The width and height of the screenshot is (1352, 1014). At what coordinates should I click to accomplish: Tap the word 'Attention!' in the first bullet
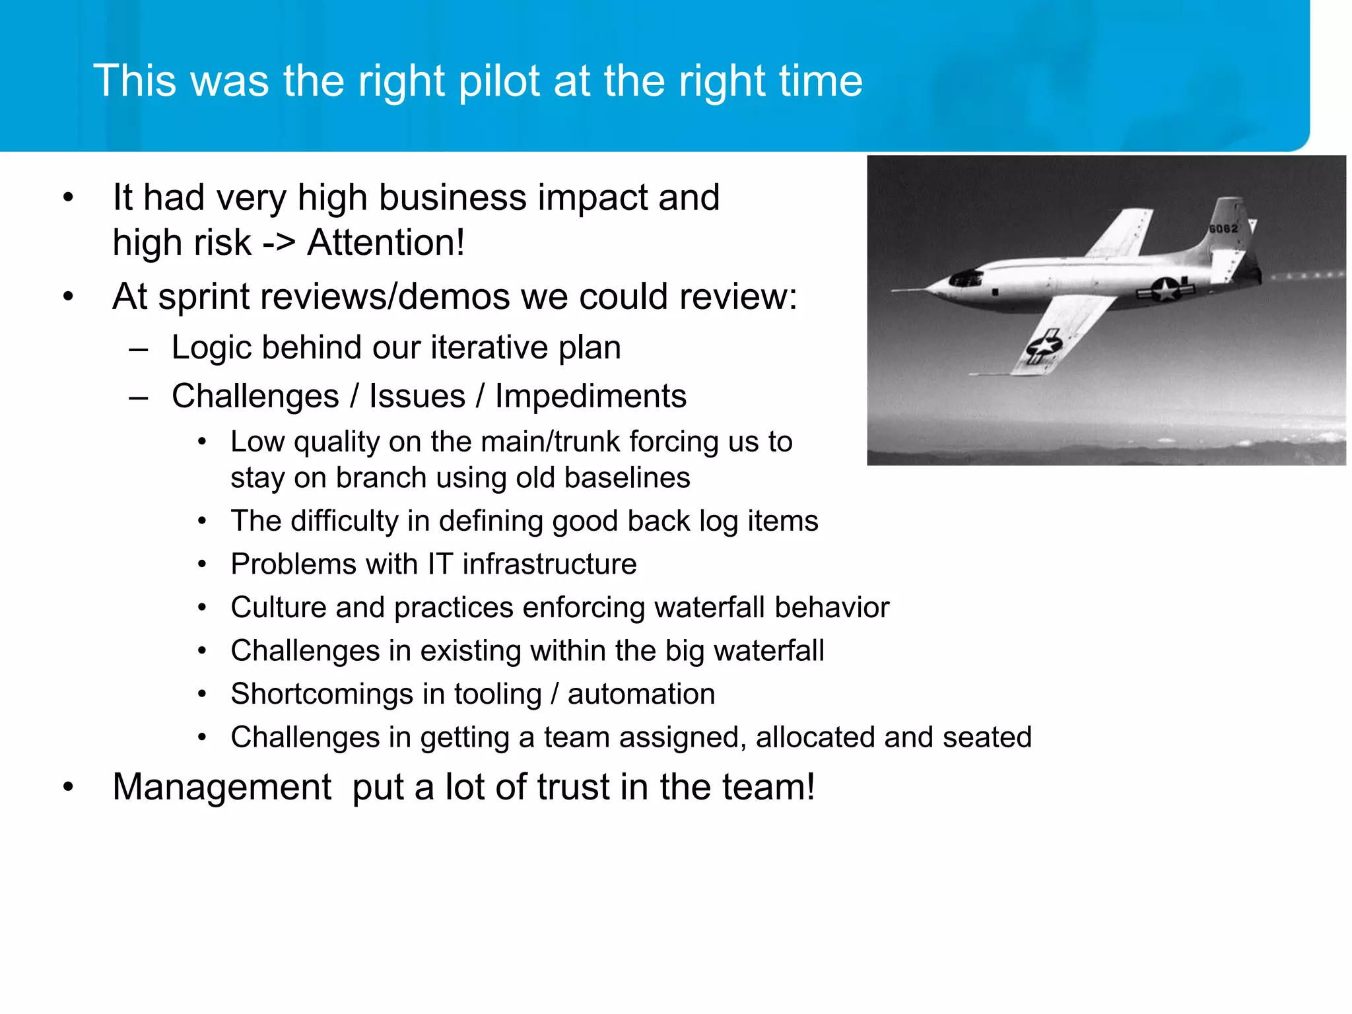(x=386, y=242)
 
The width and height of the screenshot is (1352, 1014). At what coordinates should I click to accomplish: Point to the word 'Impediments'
(x=591, y=396)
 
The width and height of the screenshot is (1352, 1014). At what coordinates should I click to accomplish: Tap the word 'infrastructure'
(x=549, y=564)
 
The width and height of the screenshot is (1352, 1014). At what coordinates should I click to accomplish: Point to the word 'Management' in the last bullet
(x=222, y=787)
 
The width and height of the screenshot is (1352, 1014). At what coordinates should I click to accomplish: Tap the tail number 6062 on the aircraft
(x=1223, y=228)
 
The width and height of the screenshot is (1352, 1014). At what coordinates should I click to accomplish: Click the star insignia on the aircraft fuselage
(x=1166, y=288)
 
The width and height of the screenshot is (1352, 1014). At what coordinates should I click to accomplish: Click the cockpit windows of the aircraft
(x=966, y=278)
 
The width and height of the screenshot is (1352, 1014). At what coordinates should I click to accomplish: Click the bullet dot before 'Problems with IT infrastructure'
(x=203, y=564)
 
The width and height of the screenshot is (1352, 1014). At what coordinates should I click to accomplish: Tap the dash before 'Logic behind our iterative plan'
(x=139, y=349)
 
